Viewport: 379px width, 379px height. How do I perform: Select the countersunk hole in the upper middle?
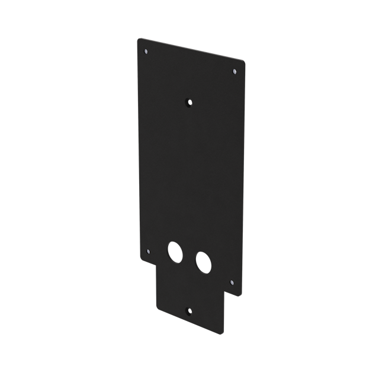click(x=189, y=102)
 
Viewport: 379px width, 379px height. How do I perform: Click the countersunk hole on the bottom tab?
click(x=188, y=310)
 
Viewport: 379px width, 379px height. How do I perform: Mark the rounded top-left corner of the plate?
click(x=139, y=40)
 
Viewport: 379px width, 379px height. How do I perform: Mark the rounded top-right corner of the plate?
click(x=243, y=60)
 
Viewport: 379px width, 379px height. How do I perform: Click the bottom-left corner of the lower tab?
click(x=157, y=307)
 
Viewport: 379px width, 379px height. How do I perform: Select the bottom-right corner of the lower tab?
click(x=223, y=330)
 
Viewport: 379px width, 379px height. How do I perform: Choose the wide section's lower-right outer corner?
click(x=242, y=295)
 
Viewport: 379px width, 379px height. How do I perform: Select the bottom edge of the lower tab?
click(x=189, y=320)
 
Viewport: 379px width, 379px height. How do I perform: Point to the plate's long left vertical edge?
click(x=138, y=148)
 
